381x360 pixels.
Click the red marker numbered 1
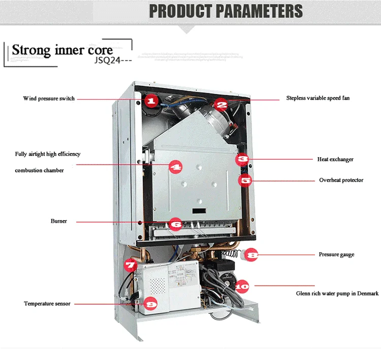click(150, 101)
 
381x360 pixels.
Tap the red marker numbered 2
click(221, 105)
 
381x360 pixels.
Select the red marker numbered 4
click(175, 166)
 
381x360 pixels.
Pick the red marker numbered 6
click(175, 223)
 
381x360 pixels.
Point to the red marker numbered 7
click(131, 264)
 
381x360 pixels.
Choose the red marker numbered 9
click(150, 303)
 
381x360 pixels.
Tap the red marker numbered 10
click(243, 286)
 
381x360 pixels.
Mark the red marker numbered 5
click(245, 179)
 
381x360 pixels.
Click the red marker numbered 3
click(243, 159)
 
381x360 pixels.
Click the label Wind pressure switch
click(49, 98)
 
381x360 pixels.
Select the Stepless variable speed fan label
click(317, 98)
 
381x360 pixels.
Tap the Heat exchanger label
click(335, 159)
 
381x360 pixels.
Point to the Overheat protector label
click(341, 180)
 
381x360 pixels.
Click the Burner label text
click(58, 221)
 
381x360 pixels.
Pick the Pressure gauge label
click(336, 254)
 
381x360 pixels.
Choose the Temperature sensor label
click(47, 304)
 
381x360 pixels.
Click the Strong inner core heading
click(62, 50)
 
